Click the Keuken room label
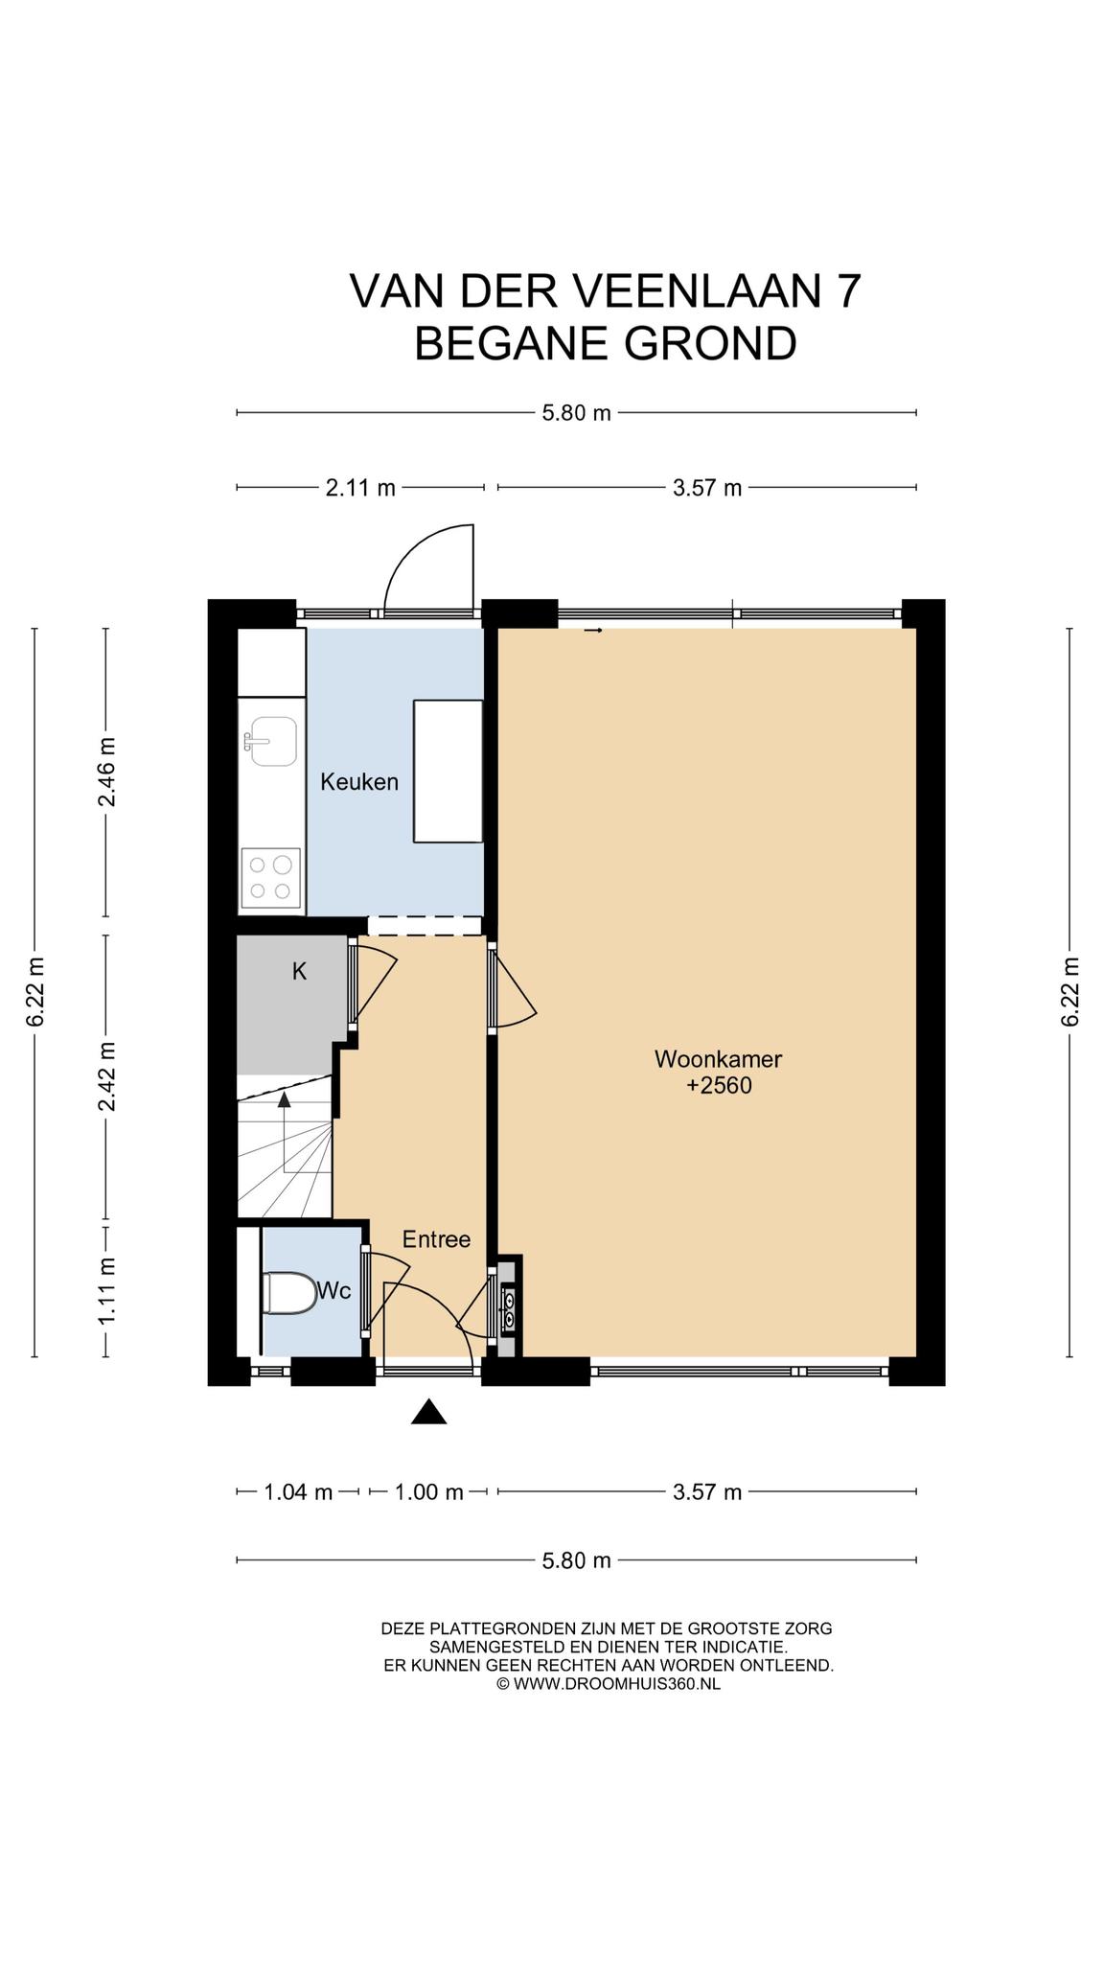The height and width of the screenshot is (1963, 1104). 359,782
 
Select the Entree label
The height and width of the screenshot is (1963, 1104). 436,1239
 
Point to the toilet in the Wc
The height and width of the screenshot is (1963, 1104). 289,1292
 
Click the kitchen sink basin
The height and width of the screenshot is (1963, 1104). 273,741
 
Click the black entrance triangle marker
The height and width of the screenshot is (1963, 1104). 429,1412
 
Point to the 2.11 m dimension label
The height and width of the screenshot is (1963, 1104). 360,488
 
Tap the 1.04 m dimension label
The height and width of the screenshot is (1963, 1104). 298,1492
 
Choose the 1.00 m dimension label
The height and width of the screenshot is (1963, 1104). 429,1492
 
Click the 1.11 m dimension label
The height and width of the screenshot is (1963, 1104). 106,1291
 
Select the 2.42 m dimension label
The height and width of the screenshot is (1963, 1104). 106,1076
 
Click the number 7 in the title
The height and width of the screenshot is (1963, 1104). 845,291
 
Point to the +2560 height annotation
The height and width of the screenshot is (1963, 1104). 719,1086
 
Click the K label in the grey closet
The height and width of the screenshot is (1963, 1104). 299,972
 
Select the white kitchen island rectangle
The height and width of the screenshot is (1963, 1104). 448,772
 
